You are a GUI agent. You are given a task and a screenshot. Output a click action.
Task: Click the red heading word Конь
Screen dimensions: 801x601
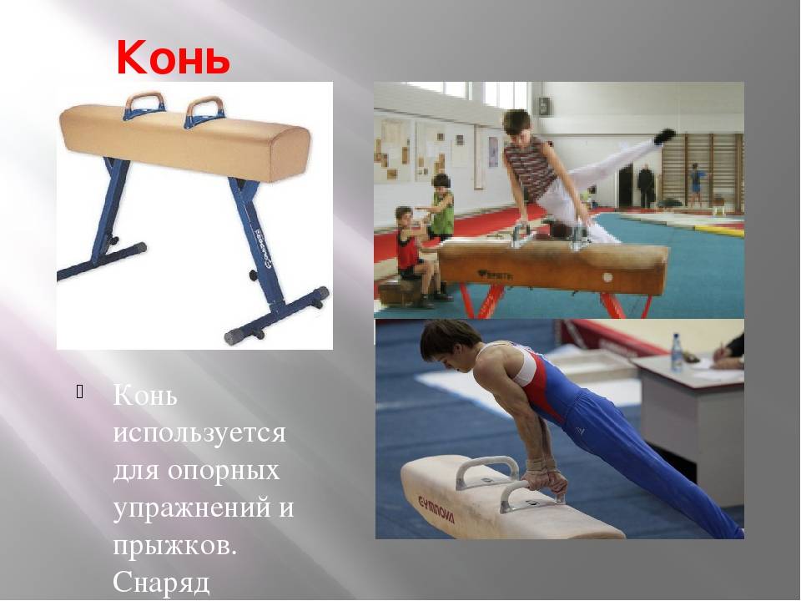174,57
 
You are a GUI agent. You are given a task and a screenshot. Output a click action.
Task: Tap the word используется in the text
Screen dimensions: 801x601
199,434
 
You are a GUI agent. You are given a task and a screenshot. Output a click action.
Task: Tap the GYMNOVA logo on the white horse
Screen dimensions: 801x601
436,508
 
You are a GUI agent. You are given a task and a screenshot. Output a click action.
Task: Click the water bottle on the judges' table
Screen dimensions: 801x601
677,351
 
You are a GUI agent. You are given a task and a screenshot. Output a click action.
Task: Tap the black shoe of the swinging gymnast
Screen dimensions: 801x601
664,136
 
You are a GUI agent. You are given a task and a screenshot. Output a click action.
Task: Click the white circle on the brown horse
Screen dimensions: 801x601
607,277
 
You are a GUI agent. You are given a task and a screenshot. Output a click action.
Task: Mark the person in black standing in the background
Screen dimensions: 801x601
646,186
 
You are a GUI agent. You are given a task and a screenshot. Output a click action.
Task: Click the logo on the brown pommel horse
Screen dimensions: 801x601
495,275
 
